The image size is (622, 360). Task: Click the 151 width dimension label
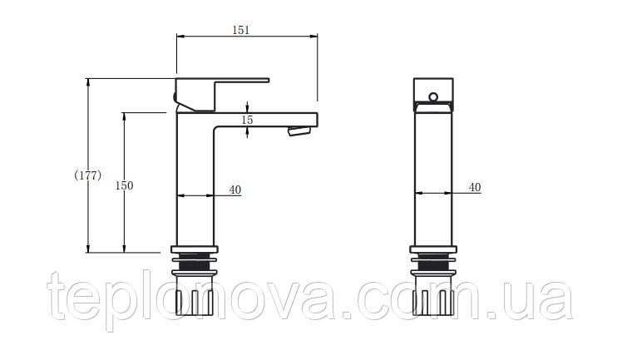click(x=241, y=30)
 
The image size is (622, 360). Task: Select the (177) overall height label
click(x=87, y=175)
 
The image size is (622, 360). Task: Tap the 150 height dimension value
click(x=124, y=185)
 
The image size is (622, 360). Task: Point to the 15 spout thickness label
click(x=247, y=120)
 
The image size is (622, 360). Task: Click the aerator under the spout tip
click(x=299, y=131)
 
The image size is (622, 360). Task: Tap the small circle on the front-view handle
click(x=433, y=96)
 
